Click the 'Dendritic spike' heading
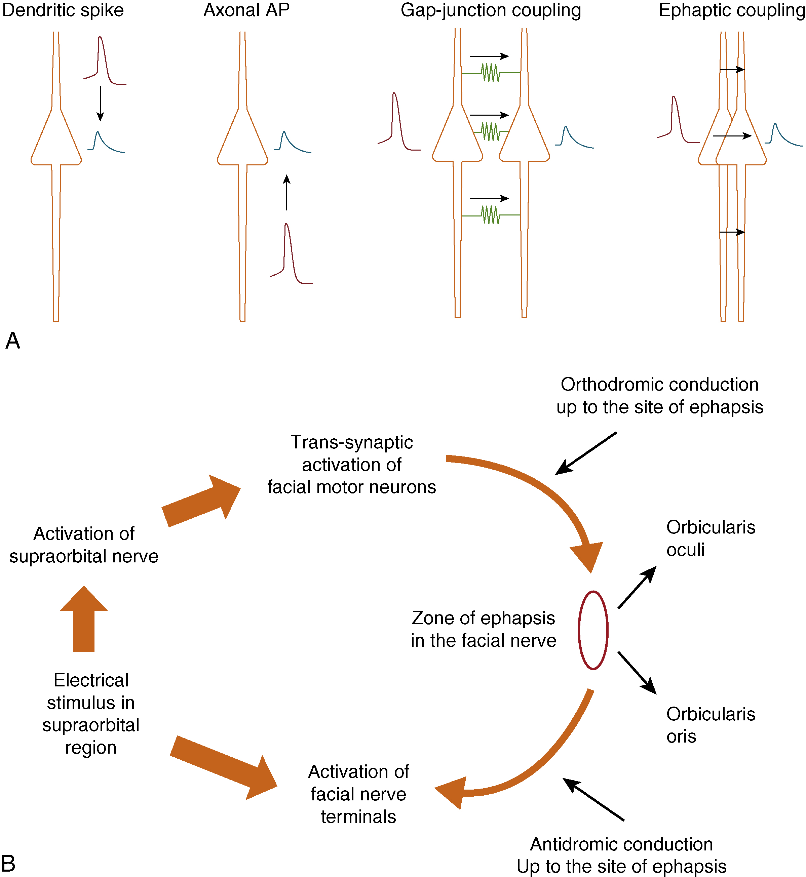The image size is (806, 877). (x=63, y=10)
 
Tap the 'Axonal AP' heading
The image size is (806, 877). (x=246, y=10)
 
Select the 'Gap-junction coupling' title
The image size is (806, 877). (x=491, y=10)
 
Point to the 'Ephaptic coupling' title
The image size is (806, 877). (x=731, y=10)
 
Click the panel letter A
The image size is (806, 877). (x=13, y=341)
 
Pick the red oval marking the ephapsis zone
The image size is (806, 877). (x=593, y=630)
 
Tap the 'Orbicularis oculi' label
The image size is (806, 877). (x=711, y=539)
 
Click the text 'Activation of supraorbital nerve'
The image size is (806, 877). (x=84, y=545)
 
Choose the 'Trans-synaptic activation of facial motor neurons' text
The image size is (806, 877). (x=351, y=465)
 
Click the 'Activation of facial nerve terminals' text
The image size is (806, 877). (x=358, y=795)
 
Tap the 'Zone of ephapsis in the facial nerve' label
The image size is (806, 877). (x=483, y=629)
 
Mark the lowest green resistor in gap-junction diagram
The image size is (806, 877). (x=491, y=215)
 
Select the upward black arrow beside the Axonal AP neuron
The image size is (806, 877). (x=286, y=192)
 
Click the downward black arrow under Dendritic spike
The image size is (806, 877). (x=100, y=103)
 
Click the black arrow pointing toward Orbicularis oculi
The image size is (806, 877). (x=637, y=587)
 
